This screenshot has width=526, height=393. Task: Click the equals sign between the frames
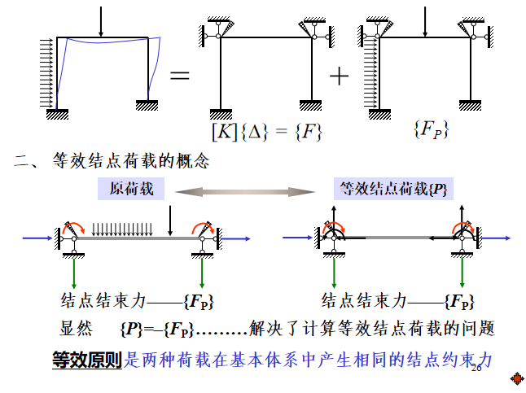[x=179, y=76]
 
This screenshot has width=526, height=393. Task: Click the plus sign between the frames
[x=338, y=76]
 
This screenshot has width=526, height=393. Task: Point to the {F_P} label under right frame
[x=431, y=129]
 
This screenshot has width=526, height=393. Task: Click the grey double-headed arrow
[x=247, y=190]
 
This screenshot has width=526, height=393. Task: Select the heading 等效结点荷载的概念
[x=131, y=161]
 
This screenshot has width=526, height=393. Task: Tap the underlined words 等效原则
[x=86, y=359]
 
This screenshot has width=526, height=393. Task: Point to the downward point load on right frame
[x=425, y=22]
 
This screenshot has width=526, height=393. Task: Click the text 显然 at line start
[x=77, y=329]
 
